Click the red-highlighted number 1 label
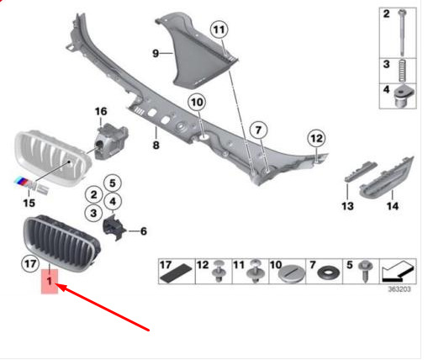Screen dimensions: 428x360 pos(50,281)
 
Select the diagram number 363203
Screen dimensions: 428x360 pos(399,289)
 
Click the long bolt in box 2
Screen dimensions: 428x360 pos(403,33)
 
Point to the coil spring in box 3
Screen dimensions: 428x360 pos(403,71)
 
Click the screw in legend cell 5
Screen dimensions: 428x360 pos(366,271)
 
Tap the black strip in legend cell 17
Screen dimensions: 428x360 pos(176,274)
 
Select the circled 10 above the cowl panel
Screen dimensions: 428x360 pos(197,102)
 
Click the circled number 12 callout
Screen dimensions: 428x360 pos(317,138)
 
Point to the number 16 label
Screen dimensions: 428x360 pos(101,111)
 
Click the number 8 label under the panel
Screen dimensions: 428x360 pos(156,145)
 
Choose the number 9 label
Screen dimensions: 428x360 pos(156,53)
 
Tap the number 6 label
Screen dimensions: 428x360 pos(144,231)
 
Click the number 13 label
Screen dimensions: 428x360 pos(347,206)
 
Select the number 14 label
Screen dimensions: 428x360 pos(393,206)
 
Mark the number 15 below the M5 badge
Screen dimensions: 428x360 pos(29,203)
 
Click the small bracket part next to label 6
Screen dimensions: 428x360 pos(114,226)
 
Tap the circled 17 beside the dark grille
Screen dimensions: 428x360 pos(30,264)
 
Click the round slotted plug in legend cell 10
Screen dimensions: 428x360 pos(289,273)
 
